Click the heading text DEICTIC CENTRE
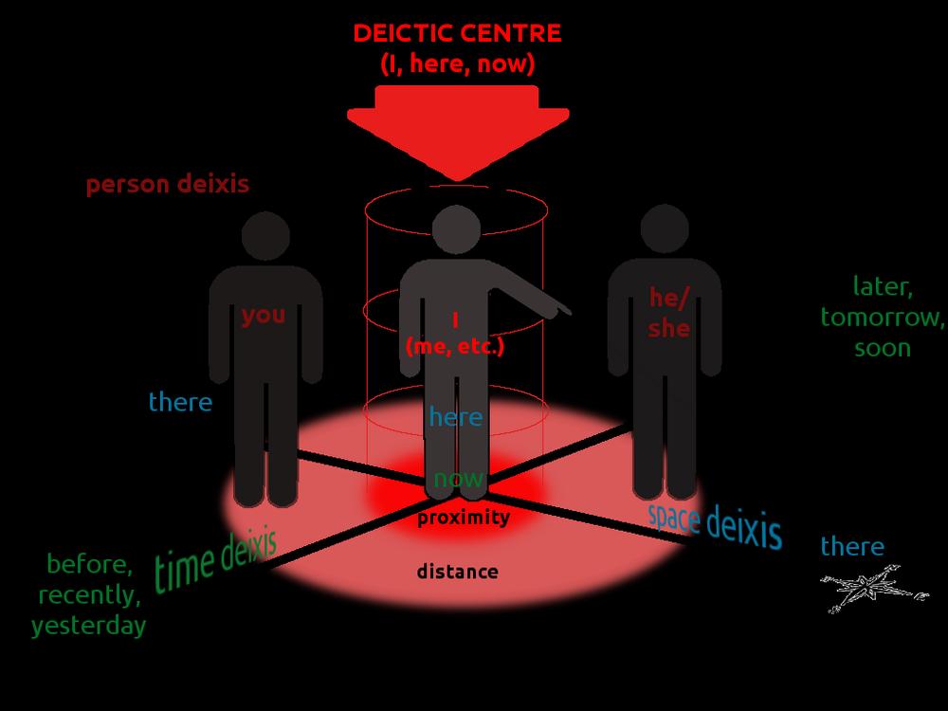[457, 33]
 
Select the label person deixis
[168, 185]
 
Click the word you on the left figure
[264, 315]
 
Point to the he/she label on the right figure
[668, 313]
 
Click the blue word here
[456, 416]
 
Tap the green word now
[459, 479]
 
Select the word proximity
[464, 518]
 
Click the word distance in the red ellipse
[458, 572]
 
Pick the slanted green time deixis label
[216, 561]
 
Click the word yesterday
[89, 626]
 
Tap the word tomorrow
[882, 318]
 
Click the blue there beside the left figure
[181, 402]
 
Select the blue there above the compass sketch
[852, 547]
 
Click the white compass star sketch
[871, 588]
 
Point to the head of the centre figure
[457, 229]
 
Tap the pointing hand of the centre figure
[559, 308]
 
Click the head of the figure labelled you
[265, 236]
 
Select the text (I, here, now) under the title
[458, 64]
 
